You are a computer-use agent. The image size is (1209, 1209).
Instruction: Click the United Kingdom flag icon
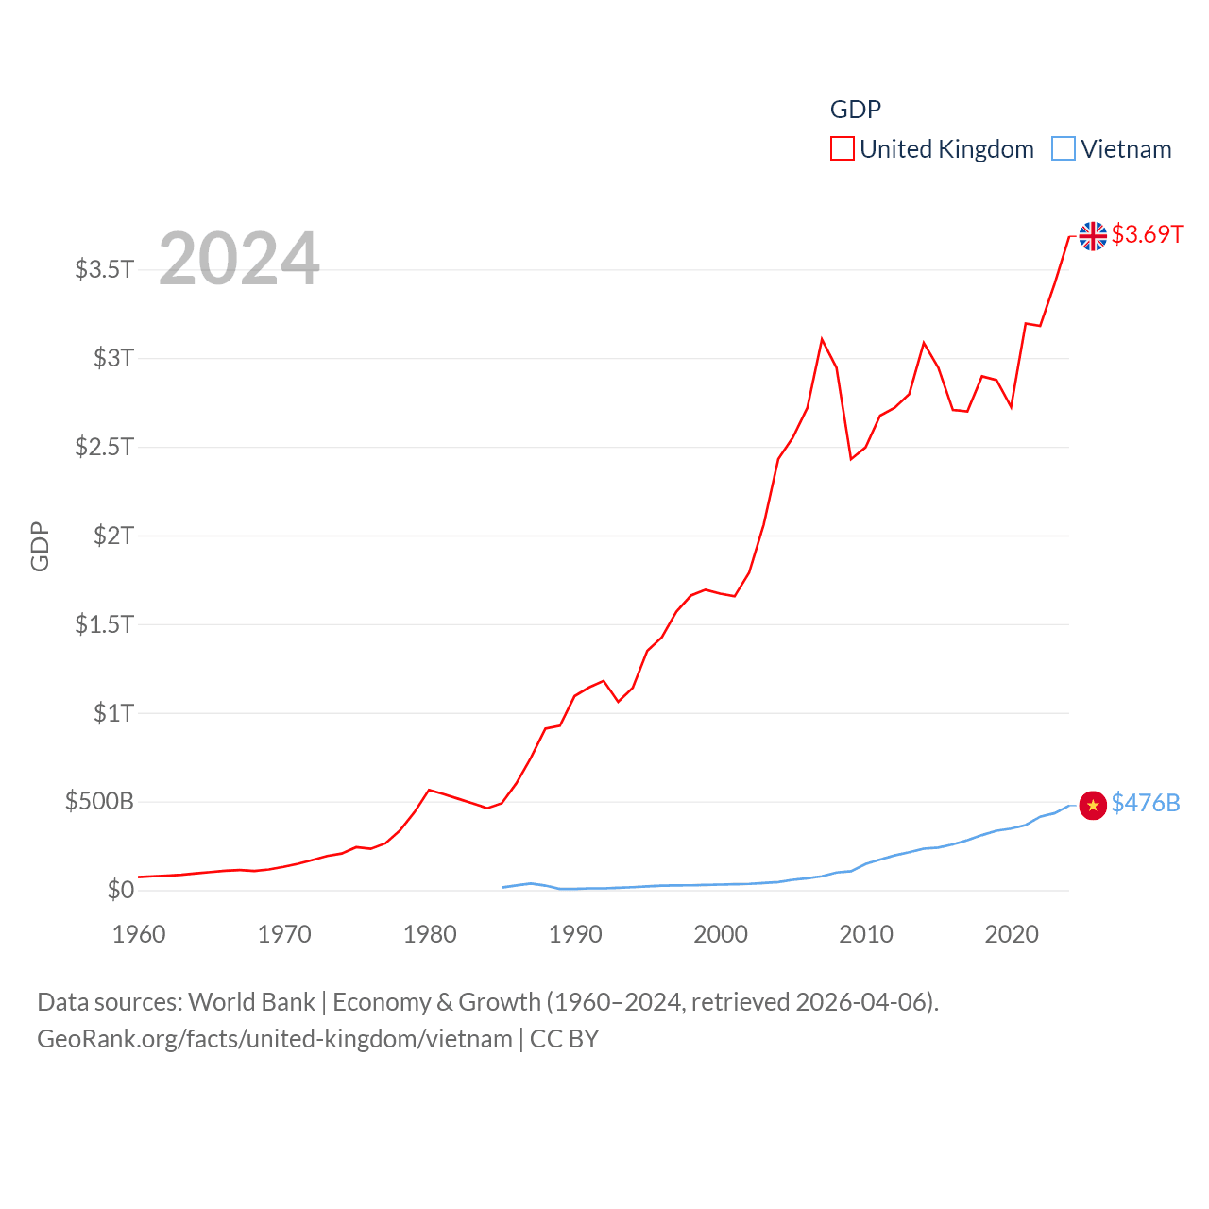pyautogui.click(x=1093, y=236)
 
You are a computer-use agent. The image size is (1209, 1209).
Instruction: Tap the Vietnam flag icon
pyautogui.click(x=1093, y=805)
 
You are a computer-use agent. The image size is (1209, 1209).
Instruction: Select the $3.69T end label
pyautogui.click(x=1147, y=234)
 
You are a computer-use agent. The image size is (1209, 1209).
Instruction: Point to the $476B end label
pyautogui.click(x=1146, y=803)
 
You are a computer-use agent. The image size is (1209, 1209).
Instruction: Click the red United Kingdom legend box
pyautogui.click(x=843, y=149)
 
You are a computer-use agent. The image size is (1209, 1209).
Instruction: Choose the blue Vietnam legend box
pyautogui.click(x=1064, y=149)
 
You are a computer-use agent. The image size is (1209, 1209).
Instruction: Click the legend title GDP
pyautogui.click(x=855, y=110)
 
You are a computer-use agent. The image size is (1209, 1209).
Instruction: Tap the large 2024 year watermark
pyautogui.click(x=239, y=259)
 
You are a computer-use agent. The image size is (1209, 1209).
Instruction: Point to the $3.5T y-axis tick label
pyautogui.click(x=104, y=269)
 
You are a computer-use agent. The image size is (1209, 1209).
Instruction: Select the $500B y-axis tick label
pyautogui.click(x=99, y=802)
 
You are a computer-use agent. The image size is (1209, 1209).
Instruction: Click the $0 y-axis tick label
pyautogui.click(x=121, y=890)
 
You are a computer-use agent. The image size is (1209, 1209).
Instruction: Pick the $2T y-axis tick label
pyautogui.click(x=113, y=536)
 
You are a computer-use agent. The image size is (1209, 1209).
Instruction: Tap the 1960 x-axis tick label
pyautogui.click(x=139, y=934)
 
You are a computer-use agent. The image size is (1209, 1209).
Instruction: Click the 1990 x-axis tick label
pyautogui.click(x=575, y=934)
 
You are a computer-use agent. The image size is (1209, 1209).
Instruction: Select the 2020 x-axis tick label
pyautogui.click(x=1012, y=934)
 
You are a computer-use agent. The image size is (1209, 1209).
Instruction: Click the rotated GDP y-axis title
pyautogui.click(x=40, y=546)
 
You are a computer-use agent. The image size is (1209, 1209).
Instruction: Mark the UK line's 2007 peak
pyautogui.click(x=822, y=339)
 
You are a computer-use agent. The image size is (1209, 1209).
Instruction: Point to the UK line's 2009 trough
pyautogui.click(x=851, y=459)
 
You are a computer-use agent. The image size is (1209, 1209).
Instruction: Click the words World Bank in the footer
pyautogui.click(x=251, y=1001)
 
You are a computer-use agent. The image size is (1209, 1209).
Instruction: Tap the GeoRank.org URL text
pyautogui.click(x=274, y=1039)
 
